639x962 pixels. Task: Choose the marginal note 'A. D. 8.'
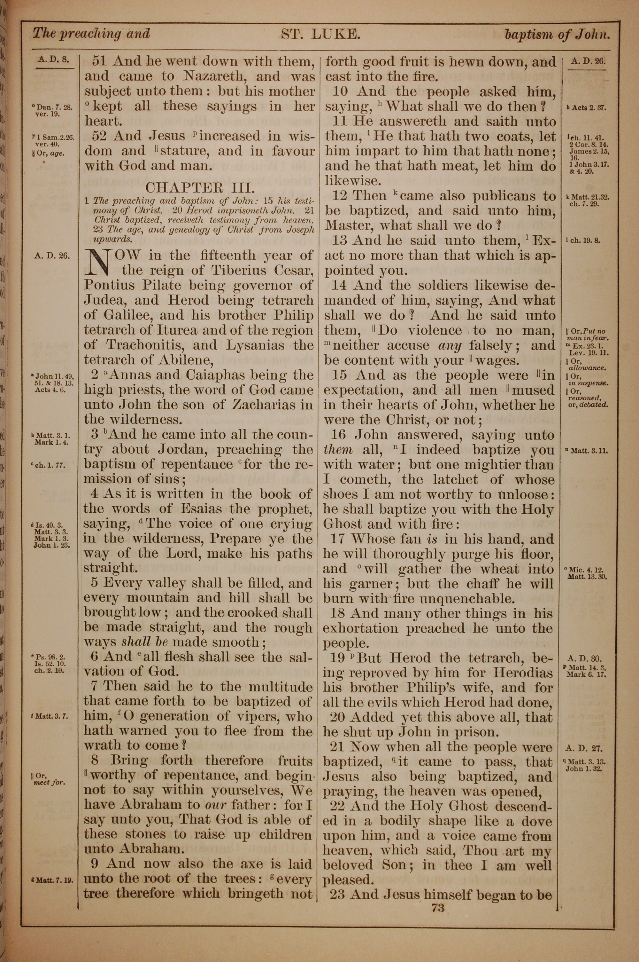pyautogui.click(x=53, y=59)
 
